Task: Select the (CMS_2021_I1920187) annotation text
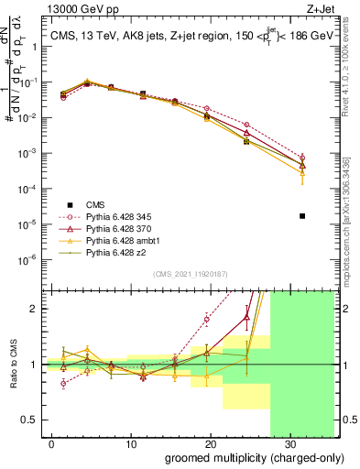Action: coord(191,274)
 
